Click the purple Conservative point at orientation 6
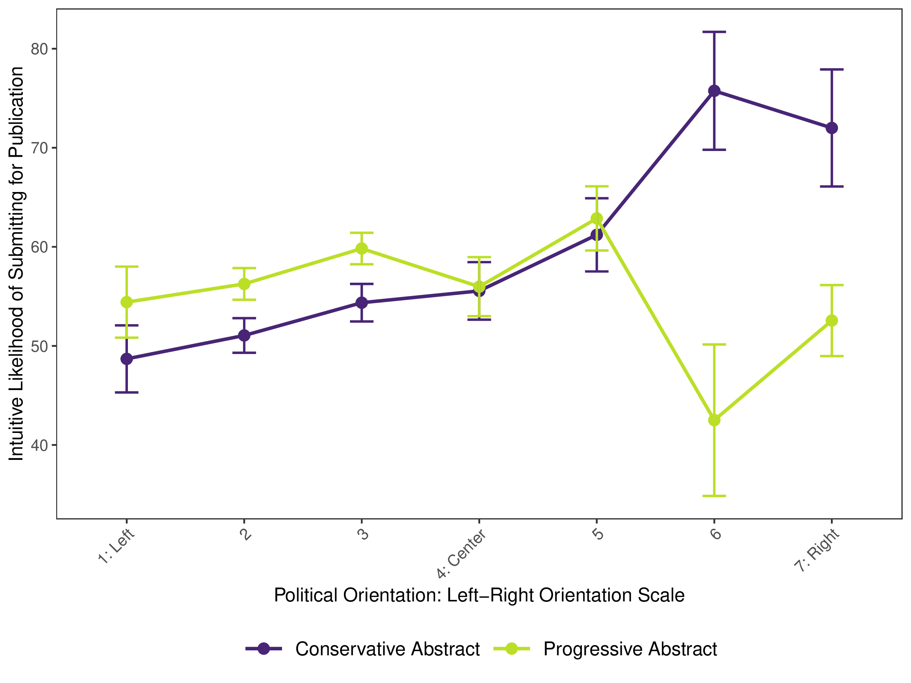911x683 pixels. [x=714, y=91]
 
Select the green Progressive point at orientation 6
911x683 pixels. [x=714, y=420]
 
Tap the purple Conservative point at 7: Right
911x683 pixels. [x=832, y=128]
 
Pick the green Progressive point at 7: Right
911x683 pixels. [x=832, y=321]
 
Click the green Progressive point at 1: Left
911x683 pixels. [x=126, y=302]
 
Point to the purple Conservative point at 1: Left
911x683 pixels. [x=126, y=359]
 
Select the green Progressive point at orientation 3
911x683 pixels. [x=362, y=249]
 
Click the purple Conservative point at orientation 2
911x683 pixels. [x=244, y=335]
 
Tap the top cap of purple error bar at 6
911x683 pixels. [x=714, y=32]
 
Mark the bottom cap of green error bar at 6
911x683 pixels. [x=714, y=496]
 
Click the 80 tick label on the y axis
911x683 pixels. [x=39, y=49]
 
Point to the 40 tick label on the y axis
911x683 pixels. [x=39, y=445]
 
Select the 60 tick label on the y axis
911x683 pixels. [x=39, y=247]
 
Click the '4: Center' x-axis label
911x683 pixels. [x=461, y=554]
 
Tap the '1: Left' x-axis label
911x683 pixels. [x=116, y=546]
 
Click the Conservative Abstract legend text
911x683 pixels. [x=387, y=649]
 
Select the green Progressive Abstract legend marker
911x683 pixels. [x=512, y=649]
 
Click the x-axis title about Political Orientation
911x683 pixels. [x=479, y=595]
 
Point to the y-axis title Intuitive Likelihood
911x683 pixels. [x=16, y=263]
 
